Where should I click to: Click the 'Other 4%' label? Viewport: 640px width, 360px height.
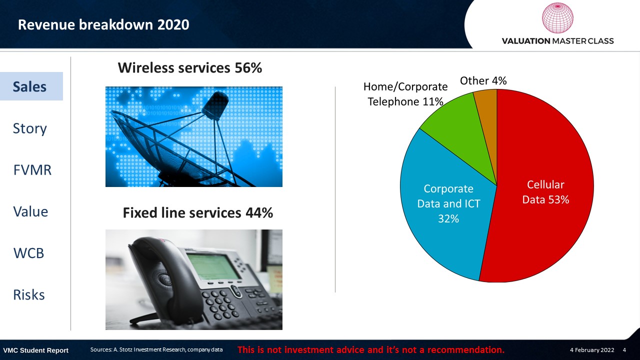pyautogui.click(x=483, y=80)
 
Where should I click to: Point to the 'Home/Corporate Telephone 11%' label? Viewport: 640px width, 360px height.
pyautogui.click(x=405, y=94)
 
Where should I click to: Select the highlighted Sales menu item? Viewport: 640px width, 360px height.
pyautogui.click(x=29, y=86)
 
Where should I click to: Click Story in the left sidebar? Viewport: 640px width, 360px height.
pyautogui.click(x=29, y=128)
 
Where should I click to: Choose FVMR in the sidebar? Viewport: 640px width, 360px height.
pyautogui.click(x=32, y=170)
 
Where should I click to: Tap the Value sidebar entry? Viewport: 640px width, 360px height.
pyautogui.click(x=30, y=211)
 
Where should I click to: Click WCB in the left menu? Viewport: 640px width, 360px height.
pyautogui.click(x=28, y=253)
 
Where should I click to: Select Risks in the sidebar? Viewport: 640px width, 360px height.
pyautogui.click(x=29, y=295)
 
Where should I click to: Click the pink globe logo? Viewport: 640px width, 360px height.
pyautogui.click(x=557, y=18)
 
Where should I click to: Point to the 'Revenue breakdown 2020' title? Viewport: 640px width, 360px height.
pyautogui.click(x=103, y=24)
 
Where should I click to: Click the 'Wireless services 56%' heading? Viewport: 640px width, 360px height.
pyautogui.click(x=189, y=68)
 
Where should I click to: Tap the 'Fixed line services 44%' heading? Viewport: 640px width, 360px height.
pyautogui.click(x=197, y=213)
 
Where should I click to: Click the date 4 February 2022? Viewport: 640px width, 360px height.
pyautogui.click(x=592, y=350)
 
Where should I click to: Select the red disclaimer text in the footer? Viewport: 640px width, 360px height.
pyautogui.click(x=371, y=349)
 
